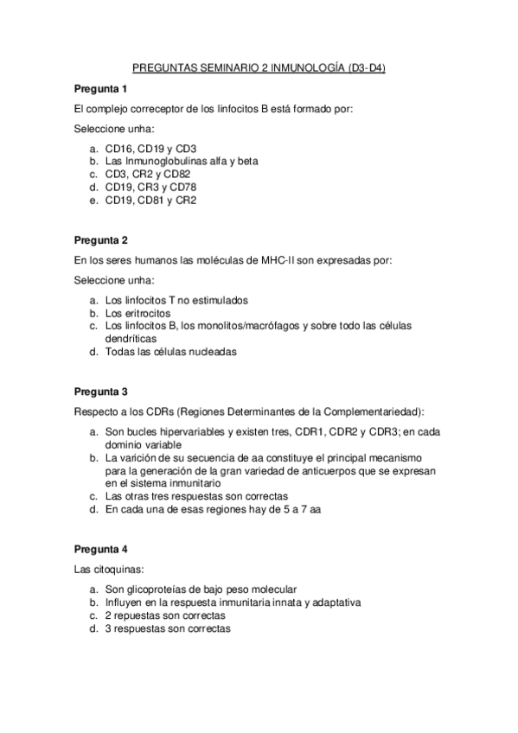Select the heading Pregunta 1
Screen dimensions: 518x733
(100, 88)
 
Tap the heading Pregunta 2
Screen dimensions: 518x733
(100, 239)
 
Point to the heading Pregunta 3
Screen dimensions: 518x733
(100, 391)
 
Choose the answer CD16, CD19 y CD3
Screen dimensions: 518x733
(150, 148)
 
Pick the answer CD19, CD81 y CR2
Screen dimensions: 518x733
(150, 200)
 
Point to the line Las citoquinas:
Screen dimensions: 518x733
(107, 570)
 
